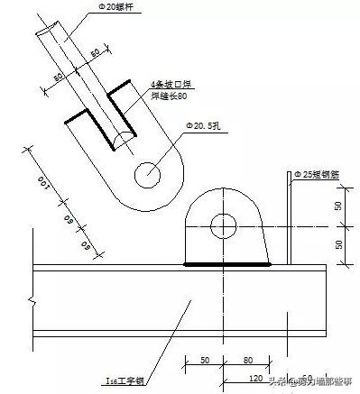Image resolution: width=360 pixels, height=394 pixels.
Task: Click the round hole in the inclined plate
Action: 146,175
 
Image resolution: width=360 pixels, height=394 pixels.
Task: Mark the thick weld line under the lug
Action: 229,264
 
